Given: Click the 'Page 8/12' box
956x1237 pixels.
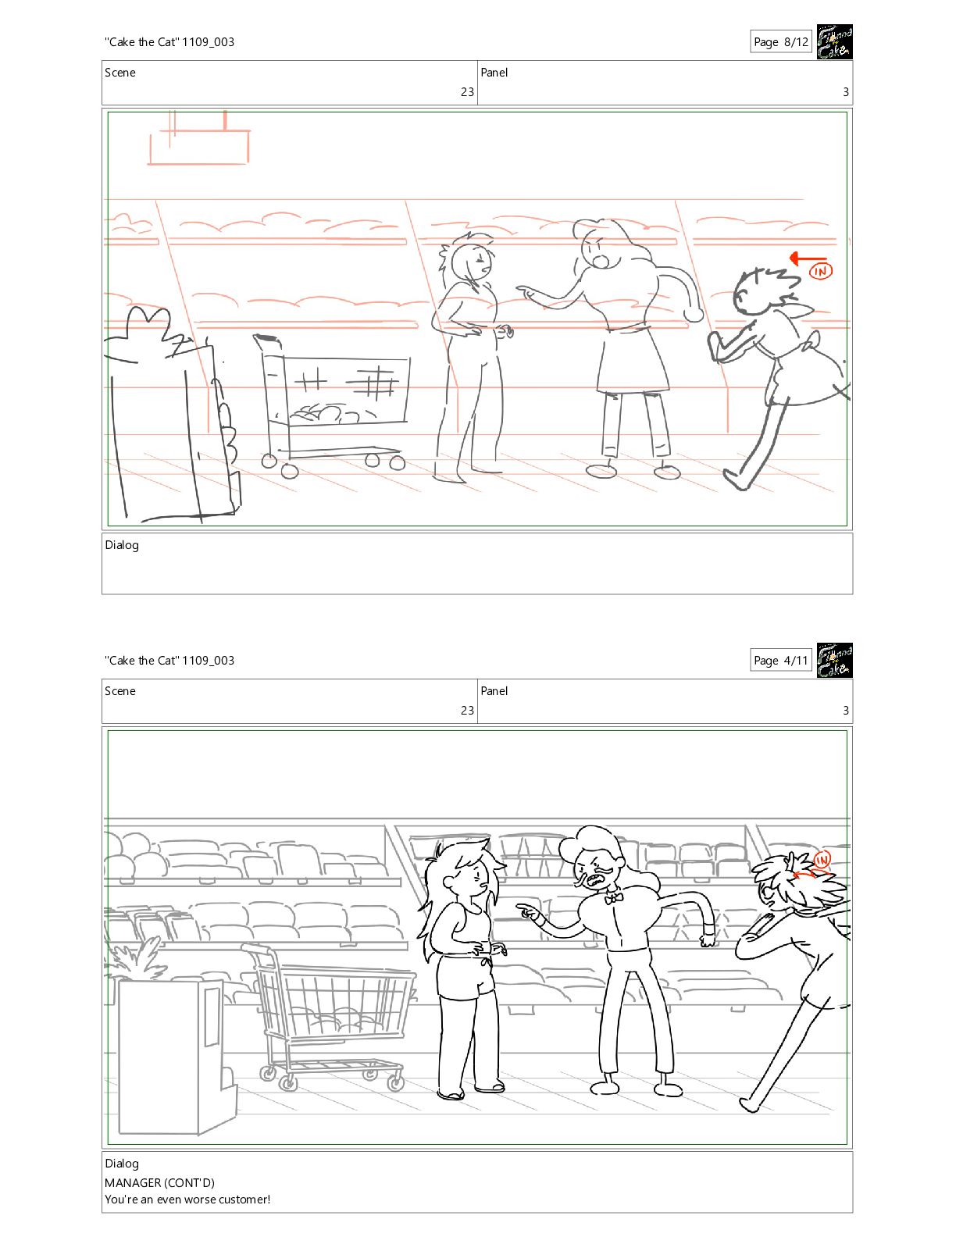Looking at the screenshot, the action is [780, 41].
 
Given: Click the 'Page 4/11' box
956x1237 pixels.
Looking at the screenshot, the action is [780, 661].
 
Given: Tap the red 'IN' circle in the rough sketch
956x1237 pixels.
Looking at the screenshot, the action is [820, 271].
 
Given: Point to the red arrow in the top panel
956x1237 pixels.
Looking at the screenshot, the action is [808, 258].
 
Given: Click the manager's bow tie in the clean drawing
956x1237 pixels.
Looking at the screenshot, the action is [613, 898].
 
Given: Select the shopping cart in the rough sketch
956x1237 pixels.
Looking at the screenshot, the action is [333, 405].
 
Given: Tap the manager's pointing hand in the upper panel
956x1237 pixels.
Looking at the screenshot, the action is [530, 293].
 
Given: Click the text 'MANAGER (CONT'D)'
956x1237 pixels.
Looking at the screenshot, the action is [159, 1183].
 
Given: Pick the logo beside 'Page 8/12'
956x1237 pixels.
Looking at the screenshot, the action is [835, 41].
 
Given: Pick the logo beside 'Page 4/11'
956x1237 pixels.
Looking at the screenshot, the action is [835, 661].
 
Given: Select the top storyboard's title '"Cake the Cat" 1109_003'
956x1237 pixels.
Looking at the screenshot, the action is [169, 42].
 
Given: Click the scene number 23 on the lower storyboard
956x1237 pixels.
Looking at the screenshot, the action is [468, 711].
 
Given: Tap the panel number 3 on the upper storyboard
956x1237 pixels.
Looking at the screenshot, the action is [846, 91].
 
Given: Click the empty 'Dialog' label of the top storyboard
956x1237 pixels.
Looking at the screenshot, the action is [122, 545].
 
